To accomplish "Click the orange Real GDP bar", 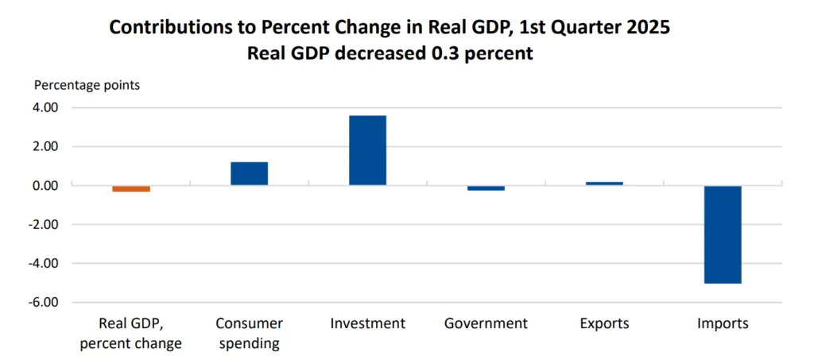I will (130, 188).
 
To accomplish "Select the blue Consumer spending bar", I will (249, 173).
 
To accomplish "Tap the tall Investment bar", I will (367, 150).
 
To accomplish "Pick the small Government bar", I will (486, 188).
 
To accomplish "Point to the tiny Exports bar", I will (604, 184).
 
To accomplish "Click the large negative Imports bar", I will (723, 234).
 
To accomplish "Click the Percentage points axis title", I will (87, 84).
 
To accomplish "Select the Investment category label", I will (367, 323).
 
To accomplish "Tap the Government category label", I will (486, 323).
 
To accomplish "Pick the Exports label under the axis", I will (604, 323).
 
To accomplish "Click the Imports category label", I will (723, 323).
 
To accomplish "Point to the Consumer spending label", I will (248, 333).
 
